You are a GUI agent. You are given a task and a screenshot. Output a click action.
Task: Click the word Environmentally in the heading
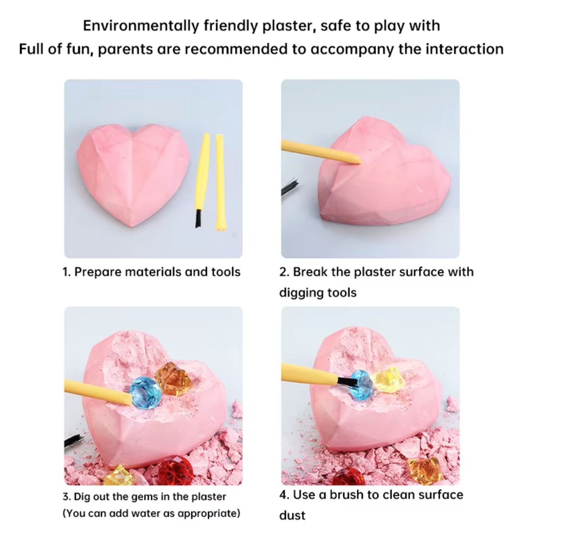141,26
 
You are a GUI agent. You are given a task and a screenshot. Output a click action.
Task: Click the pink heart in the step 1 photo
133,174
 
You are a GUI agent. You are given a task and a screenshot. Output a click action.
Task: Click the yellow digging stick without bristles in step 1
220,182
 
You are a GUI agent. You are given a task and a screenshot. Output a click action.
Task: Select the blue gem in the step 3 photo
145,393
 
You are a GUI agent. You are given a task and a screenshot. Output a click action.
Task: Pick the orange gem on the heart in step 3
173,379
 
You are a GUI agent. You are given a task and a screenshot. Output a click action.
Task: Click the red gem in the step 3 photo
176,471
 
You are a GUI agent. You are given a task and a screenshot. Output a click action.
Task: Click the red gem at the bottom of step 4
349,477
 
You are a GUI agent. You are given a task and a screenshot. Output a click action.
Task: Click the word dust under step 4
292,515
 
